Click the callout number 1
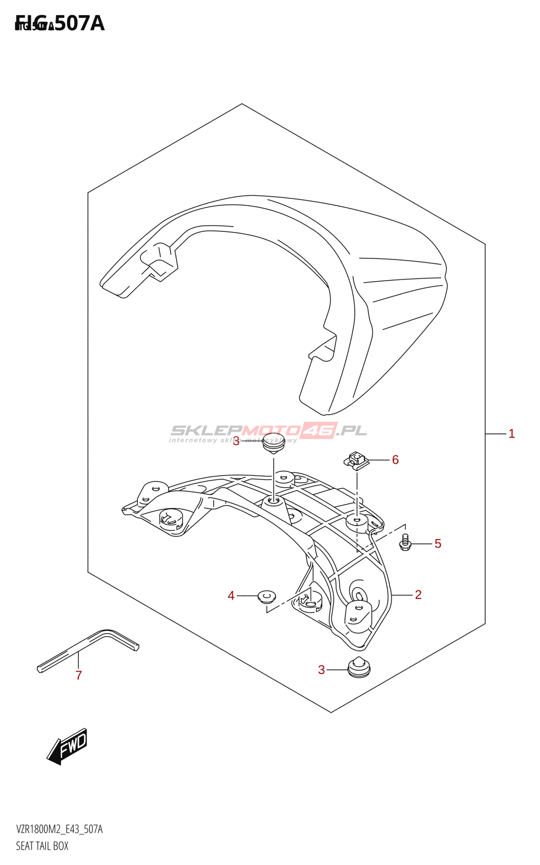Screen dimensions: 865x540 click(x=511, y=434)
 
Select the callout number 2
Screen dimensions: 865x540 click(x=418, y=595)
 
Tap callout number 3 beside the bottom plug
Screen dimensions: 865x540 click(x=321, y=670)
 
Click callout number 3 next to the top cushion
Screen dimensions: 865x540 click(x=236, y=442)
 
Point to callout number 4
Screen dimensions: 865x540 click(x=231, y=596)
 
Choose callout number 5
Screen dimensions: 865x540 click(x=438, y=544)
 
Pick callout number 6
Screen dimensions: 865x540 click(x=395, y=460)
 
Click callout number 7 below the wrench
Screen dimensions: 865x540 click(x=79, y=675)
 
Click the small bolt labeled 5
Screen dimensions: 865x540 click(x=406, y=543)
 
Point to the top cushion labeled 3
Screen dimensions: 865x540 click(x=274, y=442)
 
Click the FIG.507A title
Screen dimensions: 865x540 click(x=60, y=23)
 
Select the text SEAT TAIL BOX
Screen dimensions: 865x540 click(x=42, y=846)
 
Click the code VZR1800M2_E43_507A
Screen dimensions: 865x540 click(x=59, y=829)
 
